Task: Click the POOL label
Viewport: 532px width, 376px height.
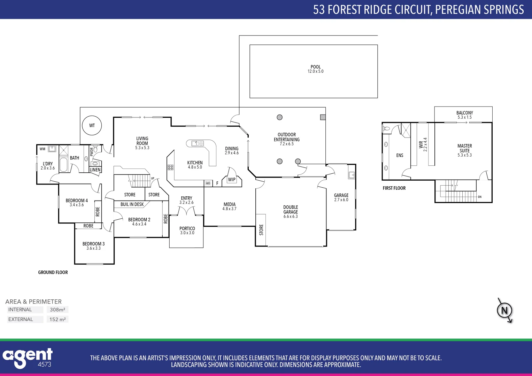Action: (316, 67)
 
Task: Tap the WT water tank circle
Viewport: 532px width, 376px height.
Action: (92, 125)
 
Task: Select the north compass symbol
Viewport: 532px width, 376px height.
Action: (504, 310)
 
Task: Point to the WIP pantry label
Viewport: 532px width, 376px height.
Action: (232, 180)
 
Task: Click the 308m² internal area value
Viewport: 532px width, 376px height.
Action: (57, 310)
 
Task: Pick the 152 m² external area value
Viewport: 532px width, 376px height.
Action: (57, 319)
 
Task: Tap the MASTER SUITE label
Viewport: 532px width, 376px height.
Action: (464, 148)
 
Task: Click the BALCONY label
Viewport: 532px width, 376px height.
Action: (464, 113)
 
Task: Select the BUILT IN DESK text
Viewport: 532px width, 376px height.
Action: (132, 204)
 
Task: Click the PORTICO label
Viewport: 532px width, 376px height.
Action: (187, 228)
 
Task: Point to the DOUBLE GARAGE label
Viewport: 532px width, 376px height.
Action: (291, 210)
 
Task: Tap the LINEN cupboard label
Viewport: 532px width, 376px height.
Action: (95, 170)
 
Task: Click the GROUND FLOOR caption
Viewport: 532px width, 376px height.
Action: (53, 272)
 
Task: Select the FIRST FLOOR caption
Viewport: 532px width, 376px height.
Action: (394, 188)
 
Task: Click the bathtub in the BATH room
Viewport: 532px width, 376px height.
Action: (63, 165)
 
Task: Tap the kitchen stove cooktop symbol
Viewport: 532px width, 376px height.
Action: (170, 167)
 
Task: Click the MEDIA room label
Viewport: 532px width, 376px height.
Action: (229, 204)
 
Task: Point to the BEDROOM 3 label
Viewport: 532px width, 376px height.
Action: (93, 244)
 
